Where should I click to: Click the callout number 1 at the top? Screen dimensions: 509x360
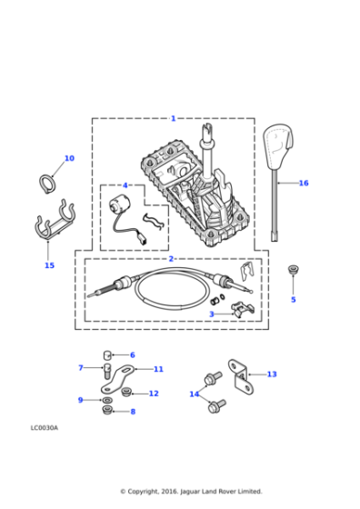173,118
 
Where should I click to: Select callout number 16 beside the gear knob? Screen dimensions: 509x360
304,183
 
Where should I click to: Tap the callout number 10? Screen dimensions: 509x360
69,158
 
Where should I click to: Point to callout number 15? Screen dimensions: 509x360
49,265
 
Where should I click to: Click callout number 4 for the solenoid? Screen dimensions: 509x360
125,185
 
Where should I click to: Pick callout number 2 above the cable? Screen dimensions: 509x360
170,259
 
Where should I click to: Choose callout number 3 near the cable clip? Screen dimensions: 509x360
212,314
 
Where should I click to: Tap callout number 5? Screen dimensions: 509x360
293,299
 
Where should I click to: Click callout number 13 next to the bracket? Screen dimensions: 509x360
272,374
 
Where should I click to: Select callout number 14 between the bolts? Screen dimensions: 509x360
194,394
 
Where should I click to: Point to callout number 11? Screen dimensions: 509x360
158,369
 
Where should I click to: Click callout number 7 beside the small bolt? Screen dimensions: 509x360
81,367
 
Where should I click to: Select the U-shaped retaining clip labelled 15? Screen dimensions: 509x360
50,227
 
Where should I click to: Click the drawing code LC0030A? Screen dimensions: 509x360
44,426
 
